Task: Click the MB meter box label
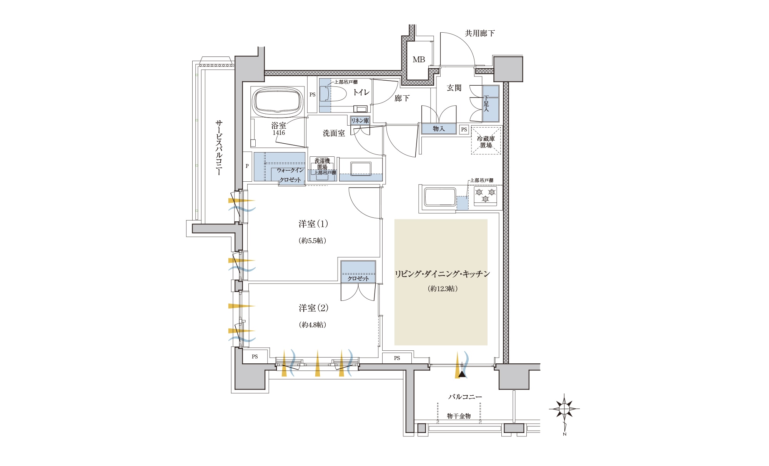click(x=419, y=60)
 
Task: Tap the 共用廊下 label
click(x=480, y=33)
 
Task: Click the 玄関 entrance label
click(x=454, y=88)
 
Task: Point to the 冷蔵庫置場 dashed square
click(x=486, y=141)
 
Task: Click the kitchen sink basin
click(x=439, y=197)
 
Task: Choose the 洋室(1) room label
click(x=313, y=224)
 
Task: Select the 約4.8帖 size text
click(x=313, y=325)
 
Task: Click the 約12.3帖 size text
click(x=443, y=289)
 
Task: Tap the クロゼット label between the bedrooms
click(x=358, y=279)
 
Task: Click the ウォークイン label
click(x=290, y=170)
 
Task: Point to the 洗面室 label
click(x=334, y=133)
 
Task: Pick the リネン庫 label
click(x=360, y=121)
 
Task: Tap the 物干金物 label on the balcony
click(x=459, y=416)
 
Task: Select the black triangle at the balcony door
click(x=462, y=373)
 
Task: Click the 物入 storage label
click(x=439, y=129)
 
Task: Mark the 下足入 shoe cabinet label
click(x=486, y=104)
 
